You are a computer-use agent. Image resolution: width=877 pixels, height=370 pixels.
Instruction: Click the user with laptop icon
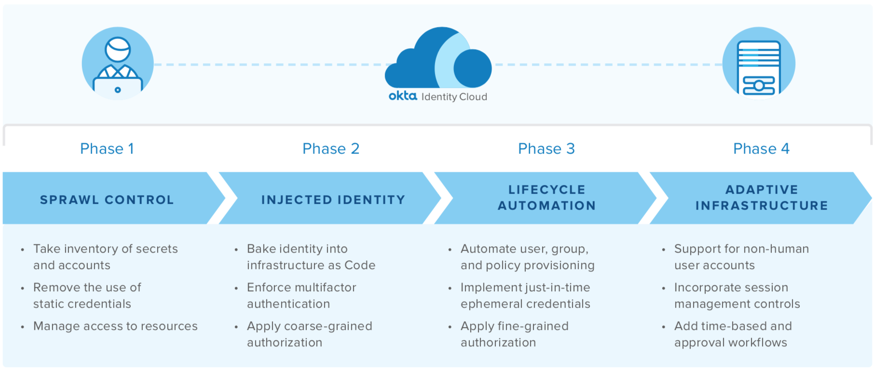(118, 64)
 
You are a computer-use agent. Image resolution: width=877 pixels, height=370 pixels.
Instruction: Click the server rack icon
(759, 64)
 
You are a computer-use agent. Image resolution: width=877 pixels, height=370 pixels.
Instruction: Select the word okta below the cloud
(403, 96)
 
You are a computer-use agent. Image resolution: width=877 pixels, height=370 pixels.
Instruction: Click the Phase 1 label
(107, 149)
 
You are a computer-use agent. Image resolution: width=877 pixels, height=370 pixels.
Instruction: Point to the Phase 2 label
(331, 149)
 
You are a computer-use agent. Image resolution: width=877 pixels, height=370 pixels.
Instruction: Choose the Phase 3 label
(547, 149)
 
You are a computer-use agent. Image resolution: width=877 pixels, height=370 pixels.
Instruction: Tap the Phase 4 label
(761, 149)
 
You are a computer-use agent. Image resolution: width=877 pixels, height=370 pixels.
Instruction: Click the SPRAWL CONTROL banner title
(107, 200)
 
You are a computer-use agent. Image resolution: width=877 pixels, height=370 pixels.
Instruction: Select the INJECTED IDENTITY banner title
(333, 200)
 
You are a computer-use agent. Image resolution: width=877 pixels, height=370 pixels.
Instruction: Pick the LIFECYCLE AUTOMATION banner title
(547, 198)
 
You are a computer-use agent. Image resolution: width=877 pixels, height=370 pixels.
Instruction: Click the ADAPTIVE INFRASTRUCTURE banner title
(762, 198)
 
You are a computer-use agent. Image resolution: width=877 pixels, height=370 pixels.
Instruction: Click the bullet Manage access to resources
(115, 327)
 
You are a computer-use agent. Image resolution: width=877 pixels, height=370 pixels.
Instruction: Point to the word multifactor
(326, 287)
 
